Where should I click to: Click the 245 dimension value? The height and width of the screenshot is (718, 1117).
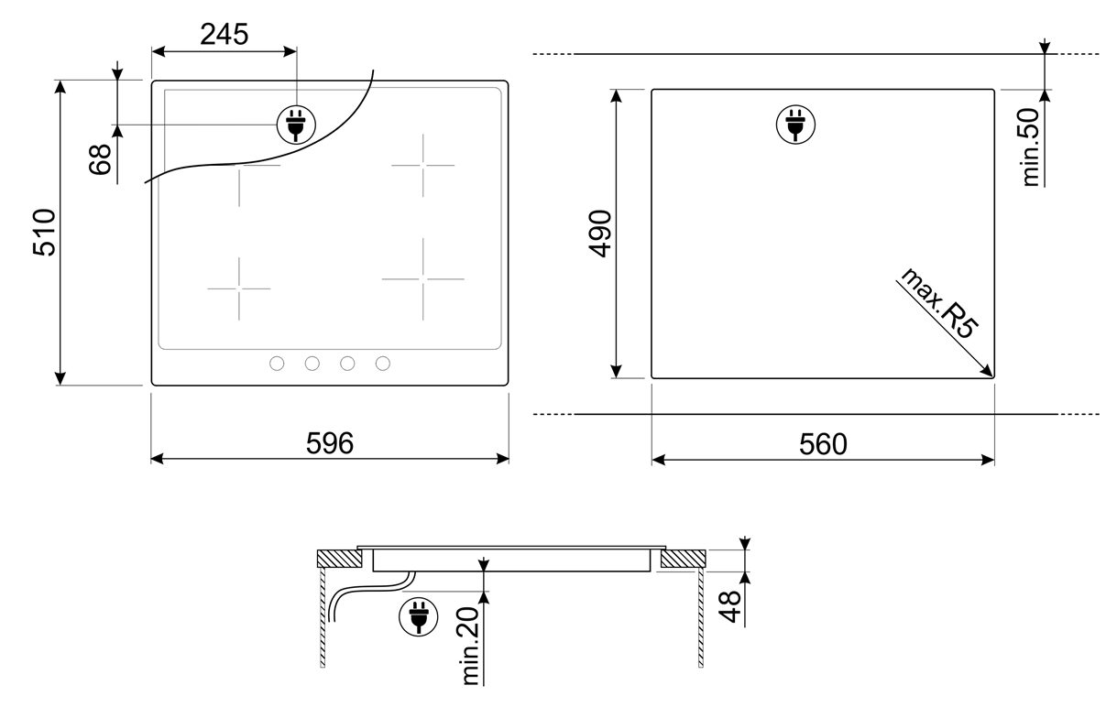point(224,34)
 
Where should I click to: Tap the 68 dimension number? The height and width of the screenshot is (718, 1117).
point(101,158)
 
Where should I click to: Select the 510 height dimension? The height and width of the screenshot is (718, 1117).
point(44,233)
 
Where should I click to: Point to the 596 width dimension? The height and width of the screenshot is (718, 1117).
point(330,443)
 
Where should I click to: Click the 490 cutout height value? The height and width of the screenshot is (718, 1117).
point(599,234)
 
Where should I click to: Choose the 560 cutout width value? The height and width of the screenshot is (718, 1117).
point(823,444)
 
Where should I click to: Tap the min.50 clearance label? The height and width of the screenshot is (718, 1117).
point(1032,147)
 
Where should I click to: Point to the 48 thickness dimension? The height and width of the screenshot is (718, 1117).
point(730,605)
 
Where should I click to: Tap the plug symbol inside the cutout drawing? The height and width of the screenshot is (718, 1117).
point(794,125)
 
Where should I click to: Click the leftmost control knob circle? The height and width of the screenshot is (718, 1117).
point(277,364)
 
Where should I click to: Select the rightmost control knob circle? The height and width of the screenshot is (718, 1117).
point(383,364)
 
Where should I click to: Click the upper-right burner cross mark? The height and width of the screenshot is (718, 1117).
point(422,165)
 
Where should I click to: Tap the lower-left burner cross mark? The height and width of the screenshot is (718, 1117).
point(238,288)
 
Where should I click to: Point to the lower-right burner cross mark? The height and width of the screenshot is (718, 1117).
point(422,278)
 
